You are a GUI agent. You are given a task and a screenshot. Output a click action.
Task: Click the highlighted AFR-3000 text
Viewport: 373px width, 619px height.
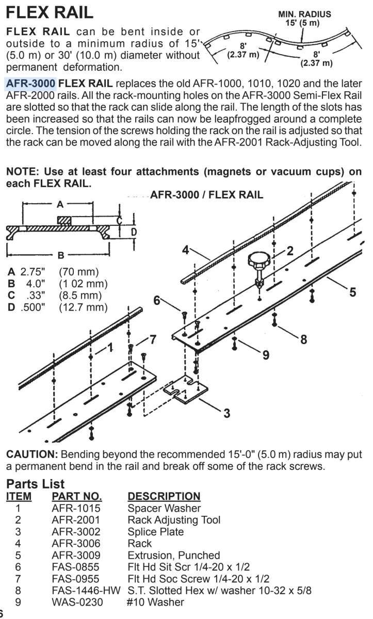click(30, 84)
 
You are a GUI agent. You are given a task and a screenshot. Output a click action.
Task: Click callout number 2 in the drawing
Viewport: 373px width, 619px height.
click(289, 251)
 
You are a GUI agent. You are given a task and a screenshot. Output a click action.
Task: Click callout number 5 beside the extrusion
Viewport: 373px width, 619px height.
click(352, 292)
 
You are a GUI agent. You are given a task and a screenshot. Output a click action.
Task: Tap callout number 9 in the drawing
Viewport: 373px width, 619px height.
click(266, 355)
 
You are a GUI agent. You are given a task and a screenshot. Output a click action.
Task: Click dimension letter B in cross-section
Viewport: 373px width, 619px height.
click(60, 255)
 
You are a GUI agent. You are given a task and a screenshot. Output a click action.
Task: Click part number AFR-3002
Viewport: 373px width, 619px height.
click(75, 531)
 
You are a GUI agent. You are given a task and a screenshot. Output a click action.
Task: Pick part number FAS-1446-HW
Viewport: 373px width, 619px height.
click(86, 590)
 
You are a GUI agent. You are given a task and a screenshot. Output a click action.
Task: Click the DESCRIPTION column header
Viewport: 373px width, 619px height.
click(164, 496)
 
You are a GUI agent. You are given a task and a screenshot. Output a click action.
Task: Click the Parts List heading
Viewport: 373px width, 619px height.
click(35, 484)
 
